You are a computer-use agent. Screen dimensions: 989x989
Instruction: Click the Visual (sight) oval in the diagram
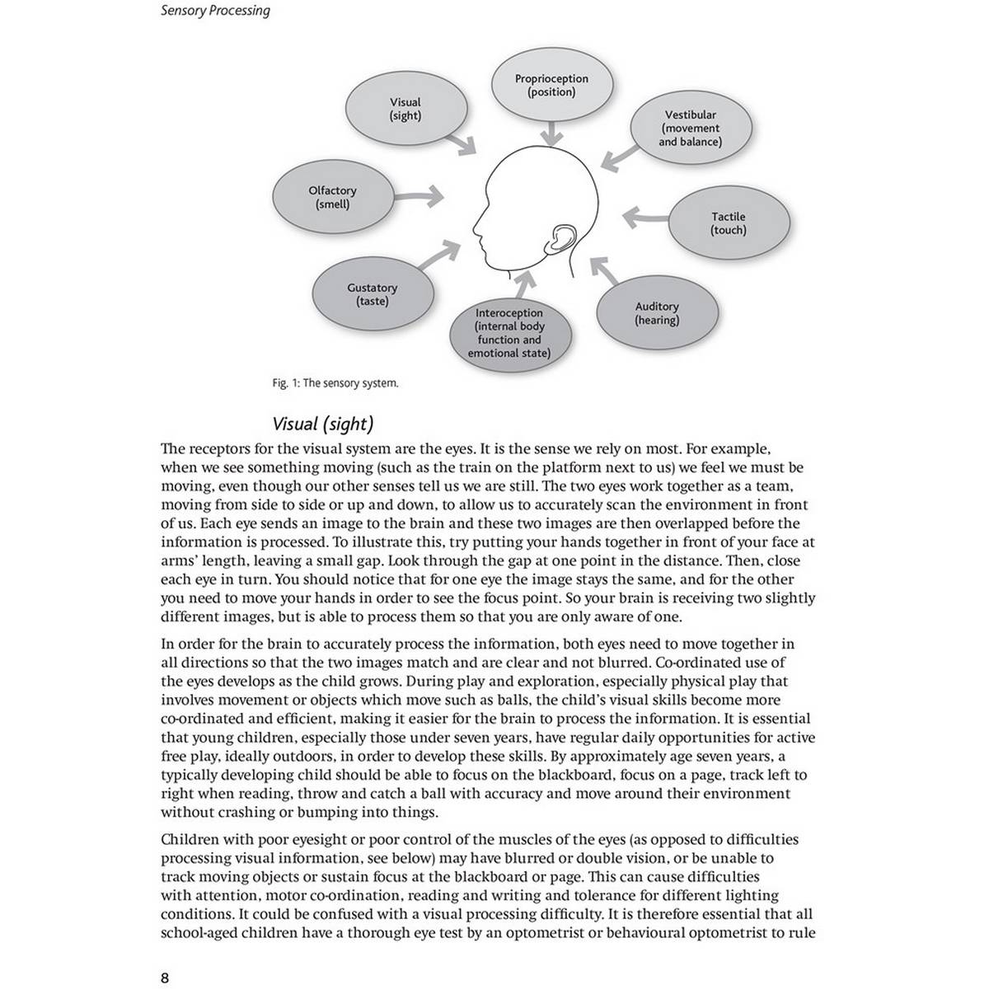(x=405, y=109)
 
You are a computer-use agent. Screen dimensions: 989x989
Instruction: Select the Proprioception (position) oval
(x=551, y=86)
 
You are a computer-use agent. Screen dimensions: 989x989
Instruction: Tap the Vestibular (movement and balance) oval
(x=691, y=129)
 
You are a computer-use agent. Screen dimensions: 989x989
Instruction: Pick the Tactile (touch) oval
(x=729, y=223)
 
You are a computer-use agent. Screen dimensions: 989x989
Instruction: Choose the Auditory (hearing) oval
(x=657, y=313)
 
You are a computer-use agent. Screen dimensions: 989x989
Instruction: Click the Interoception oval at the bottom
(x=509, y=333)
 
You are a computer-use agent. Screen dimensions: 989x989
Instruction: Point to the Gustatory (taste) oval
(x=373, y=294)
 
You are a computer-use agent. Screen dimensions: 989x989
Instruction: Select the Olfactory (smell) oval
(x=333, y=197)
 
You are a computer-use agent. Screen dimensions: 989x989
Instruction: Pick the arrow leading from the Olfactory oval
(x=420, y=196)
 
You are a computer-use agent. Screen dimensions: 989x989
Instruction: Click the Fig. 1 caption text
(x=335, y=383)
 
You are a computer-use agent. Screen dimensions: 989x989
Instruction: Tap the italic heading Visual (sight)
(x=323, y=424)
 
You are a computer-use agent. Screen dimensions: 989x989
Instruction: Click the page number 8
(x=165, y=978)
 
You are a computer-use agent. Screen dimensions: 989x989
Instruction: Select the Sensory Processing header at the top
(x=215, y=11)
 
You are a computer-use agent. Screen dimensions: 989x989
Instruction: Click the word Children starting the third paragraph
(x=189, y=840)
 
